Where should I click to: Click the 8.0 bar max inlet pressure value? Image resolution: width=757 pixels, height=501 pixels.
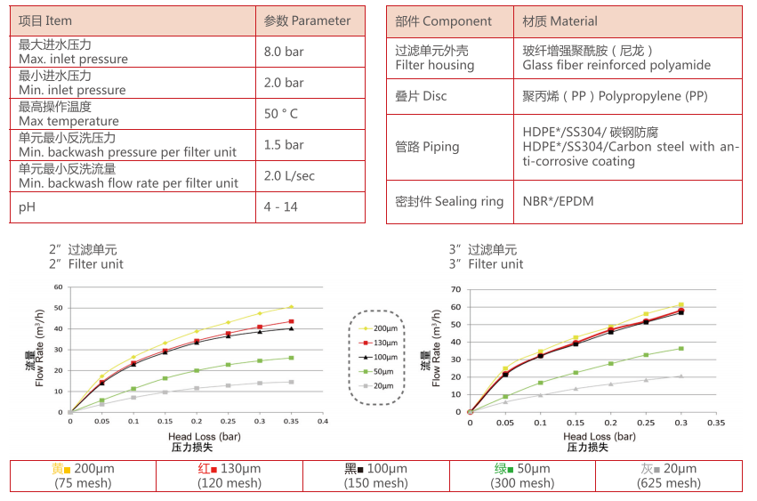click(x=284, y=52)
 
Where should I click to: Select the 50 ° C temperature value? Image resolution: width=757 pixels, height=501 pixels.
click(x=281, y=114)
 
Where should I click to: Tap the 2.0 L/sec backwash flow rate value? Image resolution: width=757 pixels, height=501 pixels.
click(x=289, y=176)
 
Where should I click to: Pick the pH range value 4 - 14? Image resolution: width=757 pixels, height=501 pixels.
click(x=281, y=207)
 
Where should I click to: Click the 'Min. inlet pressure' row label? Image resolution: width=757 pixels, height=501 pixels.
click(x=72, y=90)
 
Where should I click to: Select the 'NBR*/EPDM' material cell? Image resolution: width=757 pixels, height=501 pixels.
click(x=558, y=202)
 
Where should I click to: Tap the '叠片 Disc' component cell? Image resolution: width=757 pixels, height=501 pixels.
click(x=421, y=96)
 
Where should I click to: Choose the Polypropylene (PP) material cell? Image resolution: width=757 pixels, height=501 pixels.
click(x=615, y=96)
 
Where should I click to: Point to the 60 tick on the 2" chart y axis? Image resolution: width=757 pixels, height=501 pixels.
click(x=58, y=287)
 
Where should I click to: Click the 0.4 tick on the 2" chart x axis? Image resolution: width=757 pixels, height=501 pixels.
click(x=323, y=421)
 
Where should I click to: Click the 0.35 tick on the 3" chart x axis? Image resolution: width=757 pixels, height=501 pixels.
click(x=716, y=423)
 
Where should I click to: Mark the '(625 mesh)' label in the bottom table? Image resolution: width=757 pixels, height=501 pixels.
click(x=668, y=483)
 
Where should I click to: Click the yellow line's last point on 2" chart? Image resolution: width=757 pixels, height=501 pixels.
click(x=291, y=307)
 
